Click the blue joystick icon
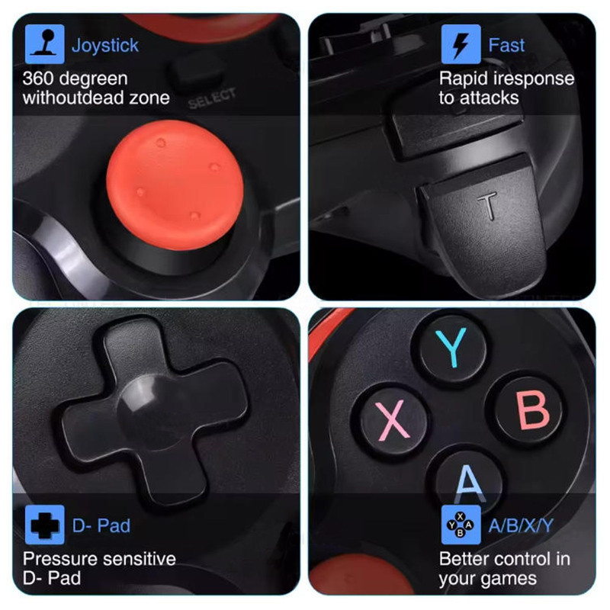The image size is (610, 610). point(45,44)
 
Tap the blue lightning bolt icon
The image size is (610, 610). point(461,44)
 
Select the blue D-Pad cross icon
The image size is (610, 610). point(45,525)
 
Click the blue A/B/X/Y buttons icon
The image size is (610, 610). point(461,525)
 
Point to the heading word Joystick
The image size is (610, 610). point(105,46)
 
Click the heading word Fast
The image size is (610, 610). point(506,45)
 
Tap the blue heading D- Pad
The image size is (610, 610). point(101,525)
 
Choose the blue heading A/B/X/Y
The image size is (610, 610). point(521,525)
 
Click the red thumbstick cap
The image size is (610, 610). point(175,185)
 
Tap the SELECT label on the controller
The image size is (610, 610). point(212,98)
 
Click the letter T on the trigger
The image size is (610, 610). point(487,205)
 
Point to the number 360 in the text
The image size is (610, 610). point(38,79)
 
